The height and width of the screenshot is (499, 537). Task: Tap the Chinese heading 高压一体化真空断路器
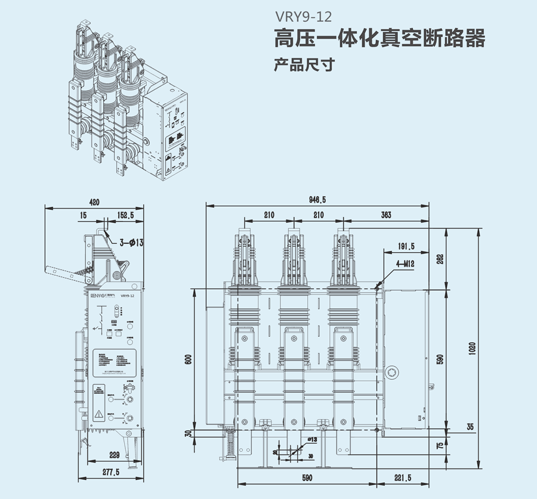tap(379, 39)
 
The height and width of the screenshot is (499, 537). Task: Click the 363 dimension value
tap(386, 215)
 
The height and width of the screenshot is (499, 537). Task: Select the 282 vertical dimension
tap(441, 259)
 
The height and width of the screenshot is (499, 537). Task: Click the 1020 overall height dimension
tap(472, 347)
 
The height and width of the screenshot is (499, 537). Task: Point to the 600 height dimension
tap(188, 360)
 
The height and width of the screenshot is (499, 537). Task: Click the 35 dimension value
tap(470, 427)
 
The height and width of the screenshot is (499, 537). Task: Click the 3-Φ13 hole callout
tap(132, 242)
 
